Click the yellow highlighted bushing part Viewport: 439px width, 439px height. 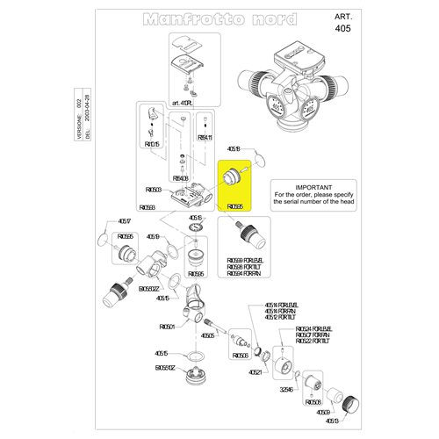tap(234, 176)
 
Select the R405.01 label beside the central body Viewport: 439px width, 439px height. tap(167, 327)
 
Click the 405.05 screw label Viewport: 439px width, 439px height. tap(208, 335)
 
